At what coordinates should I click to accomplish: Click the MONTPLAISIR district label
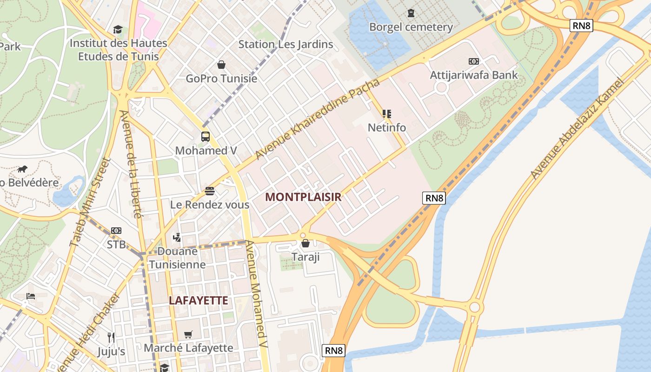[303, 197]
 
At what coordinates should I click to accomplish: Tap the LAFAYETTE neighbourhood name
[199, 300]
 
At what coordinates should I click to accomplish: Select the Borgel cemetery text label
[411, 27]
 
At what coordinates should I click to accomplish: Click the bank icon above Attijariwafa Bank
[473, 61]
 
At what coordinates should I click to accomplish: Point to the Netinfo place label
[386, 127]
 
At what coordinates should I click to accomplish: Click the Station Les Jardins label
[286, 44]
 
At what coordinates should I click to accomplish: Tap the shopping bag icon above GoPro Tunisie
[221, 65]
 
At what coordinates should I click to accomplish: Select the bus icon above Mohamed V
[206, 137]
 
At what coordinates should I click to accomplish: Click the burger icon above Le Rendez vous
[210, 191]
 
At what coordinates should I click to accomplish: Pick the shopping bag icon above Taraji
[306, 243]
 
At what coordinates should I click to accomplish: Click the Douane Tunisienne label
[177, 258]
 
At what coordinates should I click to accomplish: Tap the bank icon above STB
[116, 231]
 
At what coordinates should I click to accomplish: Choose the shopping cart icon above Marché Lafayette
[188, 334]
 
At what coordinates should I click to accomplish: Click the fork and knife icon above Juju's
[111, 337]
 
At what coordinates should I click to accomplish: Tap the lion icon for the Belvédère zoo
[22, 168]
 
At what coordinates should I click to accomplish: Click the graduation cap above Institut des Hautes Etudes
[118, 30]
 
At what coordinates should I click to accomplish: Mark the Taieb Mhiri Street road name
[90, 202]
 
